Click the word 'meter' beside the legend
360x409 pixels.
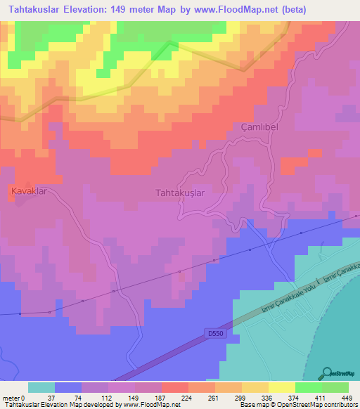point(12,397)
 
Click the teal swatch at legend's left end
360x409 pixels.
point(41,387)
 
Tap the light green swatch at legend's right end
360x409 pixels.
point(335,387)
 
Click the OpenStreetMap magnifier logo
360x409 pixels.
point(328,372)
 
